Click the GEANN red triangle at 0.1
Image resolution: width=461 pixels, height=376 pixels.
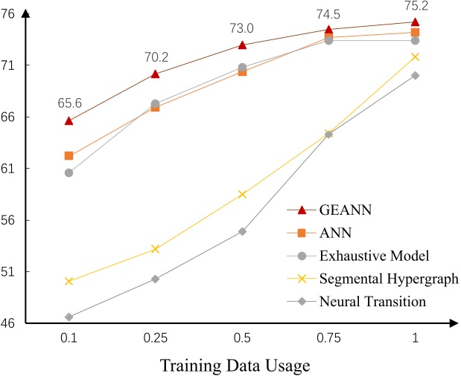(x=69, y=120)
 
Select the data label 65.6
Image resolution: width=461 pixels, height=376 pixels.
(x=69, y=103)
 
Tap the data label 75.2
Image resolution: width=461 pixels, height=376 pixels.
(x=415, y=7)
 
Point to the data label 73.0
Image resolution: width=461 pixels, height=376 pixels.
(x=241, y=27)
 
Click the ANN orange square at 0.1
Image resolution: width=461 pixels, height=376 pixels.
(x=69, y=156)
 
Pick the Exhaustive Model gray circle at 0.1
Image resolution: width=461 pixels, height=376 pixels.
(x=69, y=172)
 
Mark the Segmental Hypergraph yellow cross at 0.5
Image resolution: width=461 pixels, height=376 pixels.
(x=241, y=195)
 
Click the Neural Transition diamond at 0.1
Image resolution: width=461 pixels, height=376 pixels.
(x=69, y=317)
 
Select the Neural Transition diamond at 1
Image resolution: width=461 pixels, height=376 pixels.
(x=415, y=75)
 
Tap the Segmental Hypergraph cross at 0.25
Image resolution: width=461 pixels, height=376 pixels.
(x=155, y=249)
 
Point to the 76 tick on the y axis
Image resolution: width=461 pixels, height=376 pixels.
(x=14, y=14)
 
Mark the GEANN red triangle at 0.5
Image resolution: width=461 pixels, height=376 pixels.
(x=241, y=45)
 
